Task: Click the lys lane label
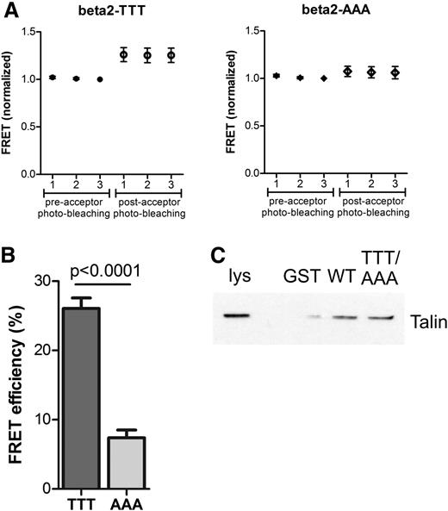tap(237, 283)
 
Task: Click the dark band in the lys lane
tap(236, 315)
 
